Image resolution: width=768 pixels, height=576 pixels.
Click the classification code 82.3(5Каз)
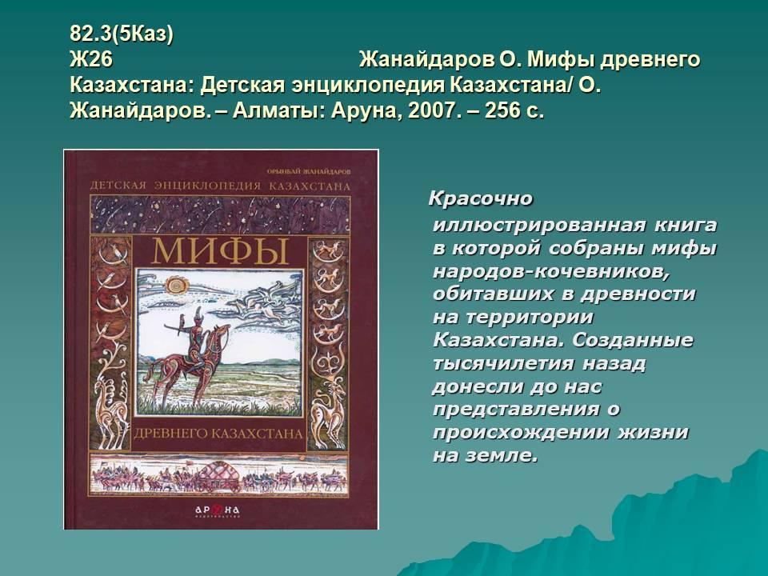coord(122,34)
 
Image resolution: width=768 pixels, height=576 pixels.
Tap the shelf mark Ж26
coord(91,60)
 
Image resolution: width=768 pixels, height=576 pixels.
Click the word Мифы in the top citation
coord(560,60)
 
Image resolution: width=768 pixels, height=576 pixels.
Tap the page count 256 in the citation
coord(502,110)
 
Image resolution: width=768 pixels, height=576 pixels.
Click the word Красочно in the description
coord(481,199)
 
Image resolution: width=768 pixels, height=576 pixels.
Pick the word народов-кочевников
coord(551,271)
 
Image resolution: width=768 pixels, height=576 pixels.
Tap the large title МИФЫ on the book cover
coord(219,252)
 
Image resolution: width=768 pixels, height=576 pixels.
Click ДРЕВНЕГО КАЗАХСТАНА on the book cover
coord(218,434)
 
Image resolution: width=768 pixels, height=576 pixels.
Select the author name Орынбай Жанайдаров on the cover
coord(309,172)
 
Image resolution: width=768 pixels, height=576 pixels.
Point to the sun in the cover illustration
coord(176,283)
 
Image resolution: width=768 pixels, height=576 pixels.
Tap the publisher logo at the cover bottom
coord(218,511)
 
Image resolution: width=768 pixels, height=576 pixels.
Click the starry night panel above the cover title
coord(220,214)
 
